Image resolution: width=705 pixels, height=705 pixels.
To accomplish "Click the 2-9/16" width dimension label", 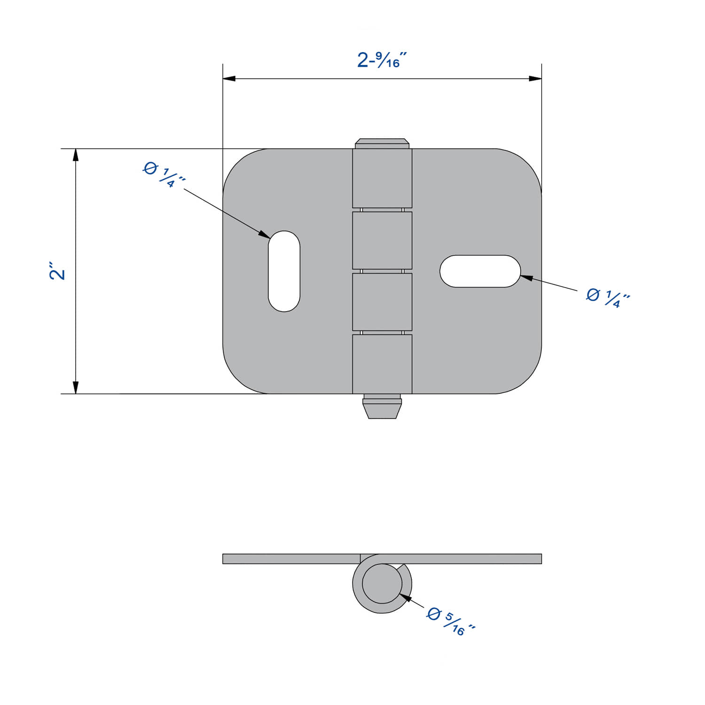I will click(381, 60).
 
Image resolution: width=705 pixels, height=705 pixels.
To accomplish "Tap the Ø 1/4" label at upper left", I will click(164, 174).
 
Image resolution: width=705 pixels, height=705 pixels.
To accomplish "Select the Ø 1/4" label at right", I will click(608, 298).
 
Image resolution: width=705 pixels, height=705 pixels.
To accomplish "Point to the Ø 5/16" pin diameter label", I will click(451, 623).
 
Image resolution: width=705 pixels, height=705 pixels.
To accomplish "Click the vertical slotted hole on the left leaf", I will click(284, 271).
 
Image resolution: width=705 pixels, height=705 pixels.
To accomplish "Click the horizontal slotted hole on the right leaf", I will click(480, 271).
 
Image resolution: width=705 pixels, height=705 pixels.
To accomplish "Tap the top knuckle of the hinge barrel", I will click(382, 178).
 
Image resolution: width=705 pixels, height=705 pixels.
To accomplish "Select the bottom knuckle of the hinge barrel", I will click(382, 364).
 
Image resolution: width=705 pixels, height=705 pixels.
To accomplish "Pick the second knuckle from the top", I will click(382, 240).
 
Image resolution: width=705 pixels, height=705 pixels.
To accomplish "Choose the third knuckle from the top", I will click(382, 302).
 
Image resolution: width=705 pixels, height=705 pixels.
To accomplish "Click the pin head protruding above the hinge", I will click(382, 143).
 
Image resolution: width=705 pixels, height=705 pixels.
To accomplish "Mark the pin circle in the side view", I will click(382, 583).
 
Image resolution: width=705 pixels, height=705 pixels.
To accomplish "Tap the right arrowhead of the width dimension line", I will click(535, 78).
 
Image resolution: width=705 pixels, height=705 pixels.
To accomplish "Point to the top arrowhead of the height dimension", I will click(75, 155).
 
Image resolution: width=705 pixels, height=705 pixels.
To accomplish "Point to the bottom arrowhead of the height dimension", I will click(75, 387).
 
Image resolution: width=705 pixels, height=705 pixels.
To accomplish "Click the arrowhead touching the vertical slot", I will click(265, 234).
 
